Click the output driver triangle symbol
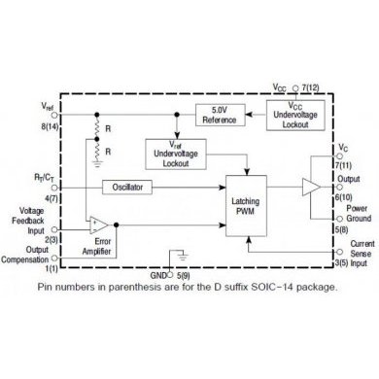(312, 185)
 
